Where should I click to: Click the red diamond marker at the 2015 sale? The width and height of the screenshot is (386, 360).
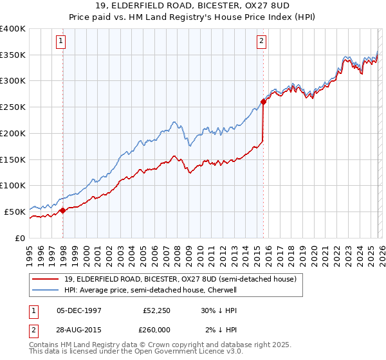click(x=264, y=101)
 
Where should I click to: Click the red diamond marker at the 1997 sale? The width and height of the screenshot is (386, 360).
click(x=62, y=210)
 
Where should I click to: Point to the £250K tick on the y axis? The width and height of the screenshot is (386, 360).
click(x=13, y=107)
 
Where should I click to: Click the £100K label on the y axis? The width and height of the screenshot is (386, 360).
click(x=13, y=185)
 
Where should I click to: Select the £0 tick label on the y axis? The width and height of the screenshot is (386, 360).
click(x=20, y=237)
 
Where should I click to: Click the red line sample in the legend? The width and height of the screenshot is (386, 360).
click(x=45, y=279)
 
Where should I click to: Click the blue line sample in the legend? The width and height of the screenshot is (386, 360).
click(x=45, y=290)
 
